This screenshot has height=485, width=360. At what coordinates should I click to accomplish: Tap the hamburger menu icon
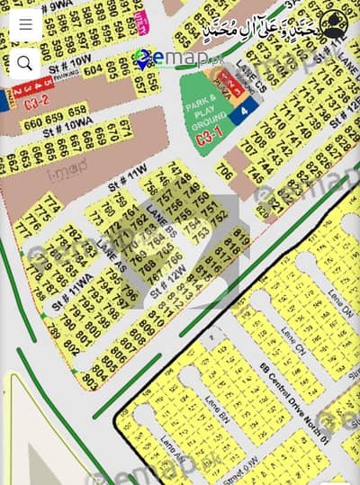[24, 24]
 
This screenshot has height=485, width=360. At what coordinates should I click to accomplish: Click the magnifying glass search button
[24, 62]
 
